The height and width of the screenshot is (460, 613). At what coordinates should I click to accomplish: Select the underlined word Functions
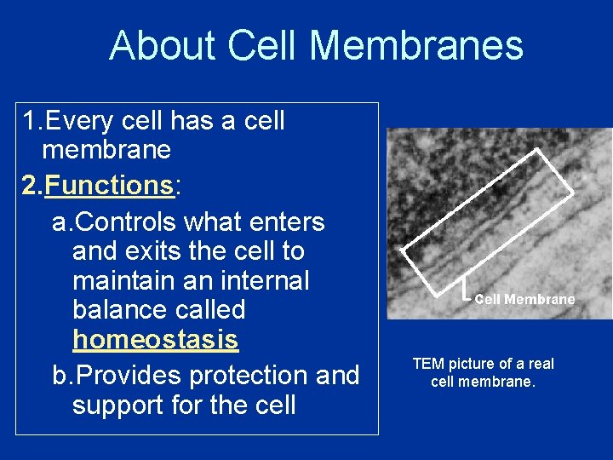tap(109, 186)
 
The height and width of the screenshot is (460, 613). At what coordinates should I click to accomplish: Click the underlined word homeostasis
tap(155, 340)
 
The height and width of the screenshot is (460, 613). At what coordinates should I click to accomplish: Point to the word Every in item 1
tap(80, 122)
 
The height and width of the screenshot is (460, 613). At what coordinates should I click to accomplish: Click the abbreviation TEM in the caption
tap(428, 364)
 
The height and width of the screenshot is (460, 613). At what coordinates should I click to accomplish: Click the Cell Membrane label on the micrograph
tap(524, 299)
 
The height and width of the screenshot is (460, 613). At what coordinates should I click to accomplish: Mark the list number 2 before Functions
tap(32, 186)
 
